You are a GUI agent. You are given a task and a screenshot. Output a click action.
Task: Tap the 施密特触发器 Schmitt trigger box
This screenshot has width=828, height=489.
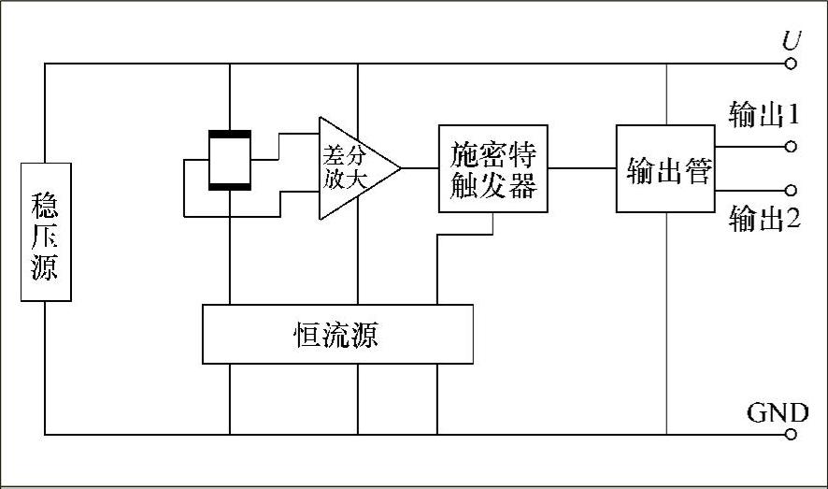pyautogui.click(x=493, y=168)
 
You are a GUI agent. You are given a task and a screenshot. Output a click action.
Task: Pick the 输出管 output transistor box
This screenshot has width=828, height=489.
pyautogui.click(x=664, y=168)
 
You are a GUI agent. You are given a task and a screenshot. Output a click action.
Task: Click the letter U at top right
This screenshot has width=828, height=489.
pyautogui.click(x=791, y=42)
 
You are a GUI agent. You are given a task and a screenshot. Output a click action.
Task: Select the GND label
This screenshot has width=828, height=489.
pyautogui.click(x=772, y=412)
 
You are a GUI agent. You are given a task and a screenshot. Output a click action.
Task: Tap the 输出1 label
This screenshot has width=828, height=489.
pyautogui.click(x=764, y=115)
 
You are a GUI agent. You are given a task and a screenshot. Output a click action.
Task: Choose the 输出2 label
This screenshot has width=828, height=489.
pyautogui.click(x=764, y=220)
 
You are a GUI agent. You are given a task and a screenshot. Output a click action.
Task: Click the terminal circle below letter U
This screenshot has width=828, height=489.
pyautogui.click(x=791, y=65)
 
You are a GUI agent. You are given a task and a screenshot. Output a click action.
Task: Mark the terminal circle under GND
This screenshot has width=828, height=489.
pyautogui.click(x=791, y=434)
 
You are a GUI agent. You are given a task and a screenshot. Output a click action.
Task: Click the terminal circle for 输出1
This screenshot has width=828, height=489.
pyautogui.click(x=791, y=146)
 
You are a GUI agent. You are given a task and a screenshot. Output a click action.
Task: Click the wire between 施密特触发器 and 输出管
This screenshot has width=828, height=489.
pyautogui.click(x=581, y=168)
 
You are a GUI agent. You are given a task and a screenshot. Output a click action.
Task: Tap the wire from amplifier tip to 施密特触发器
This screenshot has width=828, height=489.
pyautogui.click(x=420, y=168)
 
